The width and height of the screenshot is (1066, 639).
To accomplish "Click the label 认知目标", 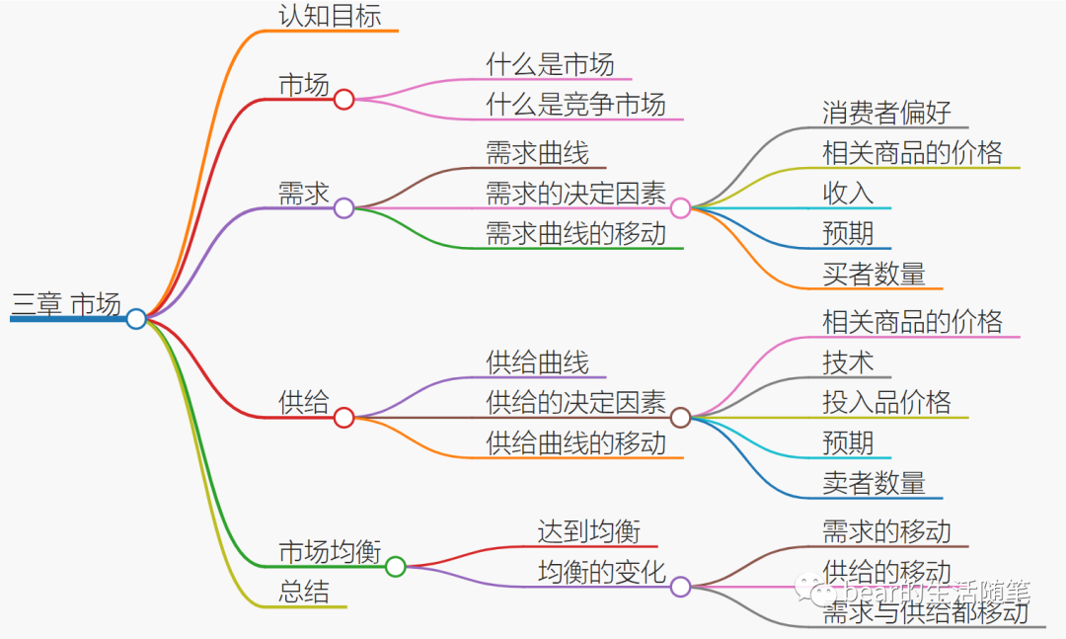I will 330,16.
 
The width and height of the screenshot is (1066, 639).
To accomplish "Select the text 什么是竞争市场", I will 575,104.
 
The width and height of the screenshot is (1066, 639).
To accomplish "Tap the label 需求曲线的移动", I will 575,234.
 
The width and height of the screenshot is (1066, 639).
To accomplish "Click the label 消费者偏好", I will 886,113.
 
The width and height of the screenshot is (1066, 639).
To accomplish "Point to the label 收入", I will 848,193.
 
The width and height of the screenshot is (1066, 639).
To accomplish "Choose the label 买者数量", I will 874,274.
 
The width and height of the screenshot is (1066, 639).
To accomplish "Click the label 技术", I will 848,362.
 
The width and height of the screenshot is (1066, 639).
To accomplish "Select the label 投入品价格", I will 886,402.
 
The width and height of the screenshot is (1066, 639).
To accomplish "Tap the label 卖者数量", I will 874,483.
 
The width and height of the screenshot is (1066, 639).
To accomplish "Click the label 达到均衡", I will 588,532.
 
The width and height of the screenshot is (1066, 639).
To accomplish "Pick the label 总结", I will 304,592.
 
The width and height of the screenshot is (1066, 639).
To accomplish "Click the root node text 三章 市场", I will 66,305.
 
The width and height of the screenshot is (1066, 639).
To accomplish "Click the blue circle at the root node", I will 136,318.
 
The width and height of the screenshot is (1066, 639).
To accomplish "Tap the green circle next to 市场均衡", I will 395,566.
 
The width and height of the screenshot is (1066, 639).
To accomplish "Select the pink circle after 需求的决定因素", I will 680,207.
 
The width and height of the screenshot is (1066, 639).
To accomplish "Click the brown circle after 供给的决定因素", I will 680,417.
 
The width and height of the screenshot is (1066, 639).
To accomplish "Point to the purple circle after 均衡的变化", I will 680,587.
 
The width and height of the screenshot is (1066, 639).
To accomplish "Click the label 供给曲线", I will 537,362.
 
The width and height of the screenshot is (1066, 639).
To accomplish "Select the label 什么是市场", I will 550,65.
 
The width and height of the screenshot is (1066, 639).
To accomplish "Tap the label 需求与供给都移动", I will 925,612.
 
